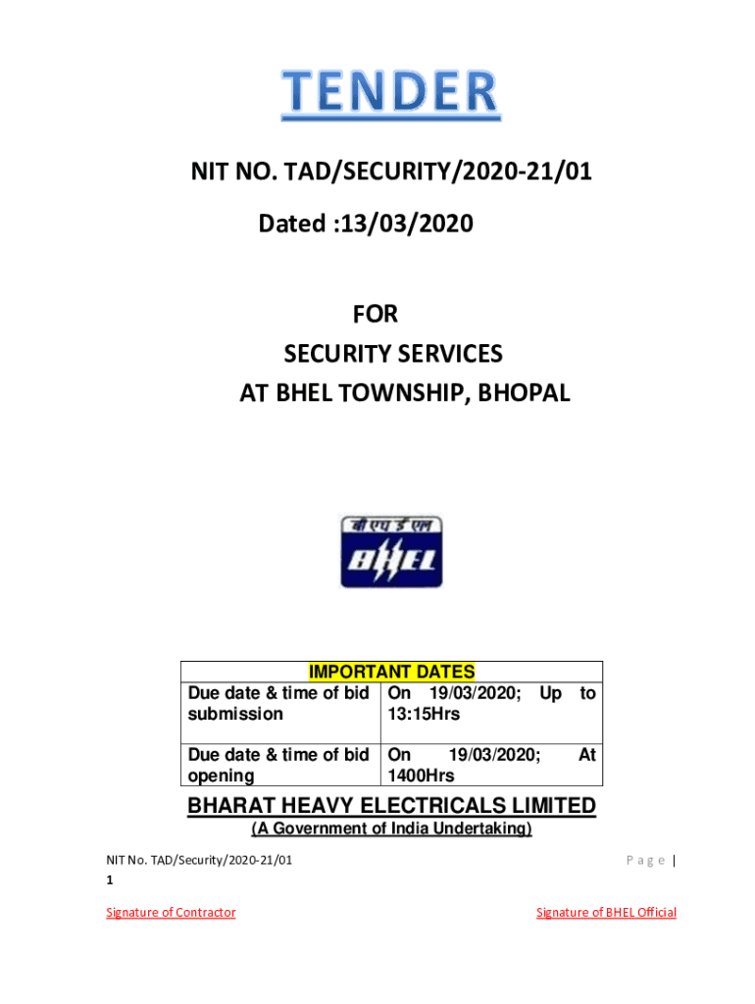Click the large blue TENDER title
[390, 93]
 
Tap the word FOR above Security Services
[376, 315]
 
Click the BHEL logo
[391, 552]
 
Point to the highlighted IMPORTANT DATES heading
[391, 673]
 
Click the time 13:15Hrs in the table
[424, 714]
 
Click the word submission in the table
[235, 714]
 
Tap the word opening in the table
[221, 776]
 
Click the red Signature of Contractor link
[172, 913]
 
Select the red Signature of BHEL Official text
[606, 913]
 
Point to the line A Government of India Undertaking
[391, 829]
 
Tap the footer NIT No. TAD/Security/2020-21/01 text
[199, 861]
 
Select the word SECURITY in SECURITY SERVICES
[337, 354]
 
